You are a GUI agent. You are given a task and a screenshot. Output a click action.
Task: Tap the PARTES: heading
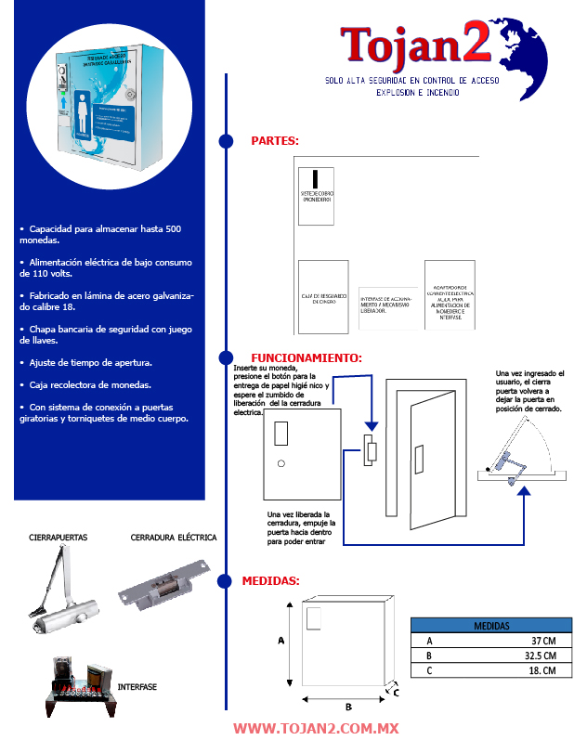click(275, 141)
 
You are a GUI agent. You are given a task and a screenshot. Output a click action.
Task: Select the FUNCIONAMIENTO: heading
click(307, 357)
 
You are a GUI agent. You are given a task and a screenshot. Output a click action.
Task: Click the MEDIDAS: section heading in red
click(270, 581)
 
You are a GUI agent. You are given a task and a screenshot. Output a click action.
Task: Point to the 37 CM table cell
click(543, 641)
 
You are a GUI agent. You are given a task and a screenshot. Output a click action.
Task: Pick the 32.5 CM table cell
click(541, 656)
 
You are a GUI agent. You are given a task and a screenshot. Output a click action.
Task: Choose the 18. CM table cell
click(542, 670)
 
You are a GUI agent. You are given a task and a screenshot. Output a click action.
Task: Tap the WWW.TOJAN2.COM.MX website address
click(316, 729)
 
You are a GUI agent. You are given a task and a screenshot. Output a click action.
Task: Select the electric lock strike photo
click(167, 584)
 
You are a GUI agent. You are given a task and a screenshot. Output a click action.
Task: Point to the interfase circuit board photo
click(79, 687)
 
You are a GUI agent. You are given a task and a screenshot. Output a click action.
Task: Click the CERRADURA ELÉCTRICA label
click(174, 538)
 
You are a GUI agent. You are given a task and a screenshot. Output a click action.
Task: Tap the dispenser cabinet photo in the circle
click(111, 102)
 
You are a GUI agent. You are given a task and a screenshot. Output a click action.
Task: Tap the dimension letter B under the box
click(348, 708)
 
